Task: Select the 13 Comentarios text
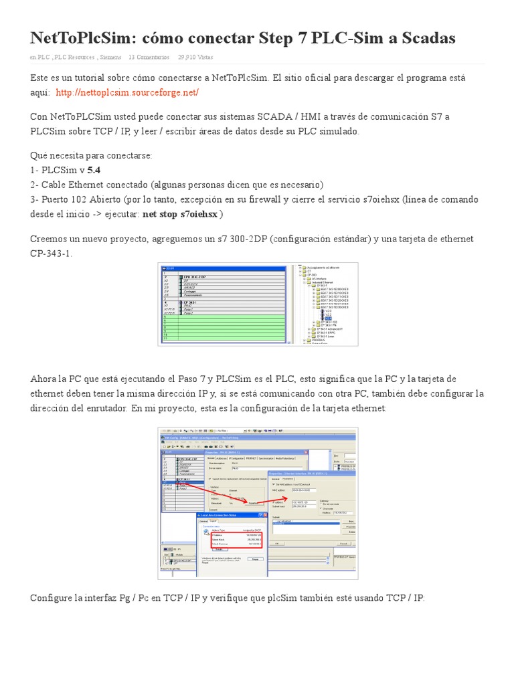[149, 58]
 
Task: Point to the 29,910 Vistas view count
[195, 58]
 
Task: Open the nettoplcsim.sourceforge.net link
[127, 92]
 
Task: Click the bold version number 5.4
[94, 170]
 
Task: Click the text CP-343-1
[51, 254]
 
